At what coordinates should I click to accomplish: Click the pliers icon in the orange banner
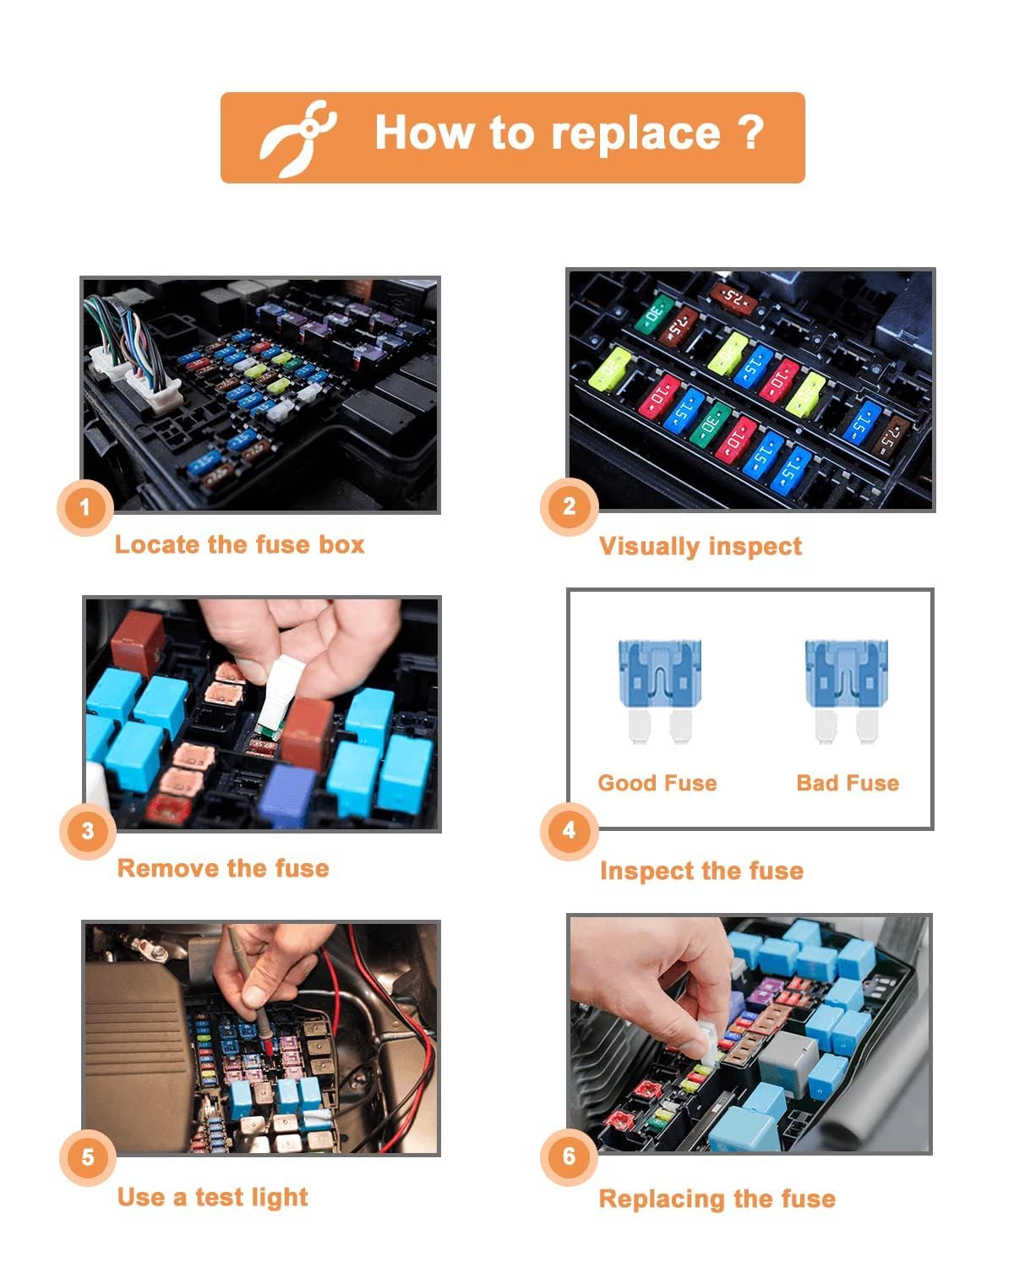pos(297,139)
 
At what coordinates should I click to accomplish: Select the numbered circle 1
pos(84,507)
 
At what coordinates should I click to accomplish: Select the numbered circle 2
pos(569,506)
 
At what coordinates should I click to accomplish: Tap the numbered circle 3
pos(88,831)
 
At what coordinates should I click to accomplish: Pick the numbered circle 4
pos(569,830)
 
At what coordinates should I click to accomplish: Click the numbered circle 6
pos(569,1156)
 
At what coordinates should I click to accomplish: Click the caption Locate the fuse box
pos(239,544)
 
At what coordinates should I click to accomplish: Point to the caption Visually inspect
pos(700,546)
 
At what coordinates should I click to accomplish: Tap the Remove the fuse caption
pos(223,868)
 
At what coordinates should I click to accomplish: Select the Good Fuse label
pos(657,783)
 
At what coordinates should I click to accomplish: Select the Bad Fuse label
pos(848,783)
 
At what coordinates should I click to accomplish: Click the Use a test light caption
pos(212,1197)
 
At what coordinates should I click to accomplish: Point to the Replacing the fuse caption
pos(717,1199)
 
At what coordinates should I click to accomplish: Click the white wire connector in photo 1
pos(135,380)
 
